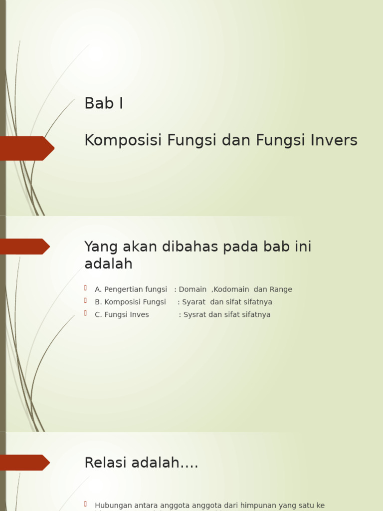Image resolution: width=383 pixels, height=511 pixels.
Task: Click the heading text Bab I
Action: [104, 103]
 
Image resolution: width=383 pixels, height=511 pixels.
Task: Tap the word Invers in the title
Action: [334, 141]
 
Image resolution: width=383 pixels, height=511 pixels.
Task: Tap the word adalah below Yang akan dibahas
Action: [108, 263]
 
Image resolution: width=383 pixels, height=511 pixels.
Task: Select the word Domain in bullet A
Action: [192, 289]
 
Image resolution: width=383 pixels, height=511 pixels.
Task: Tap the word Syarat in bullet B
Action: [194, 302]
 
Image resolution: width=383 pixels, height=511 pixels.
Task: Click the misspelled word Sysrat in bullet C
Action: [195, 314]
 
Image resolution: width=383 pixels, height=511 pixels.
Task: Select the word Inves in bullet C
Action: [139, 314]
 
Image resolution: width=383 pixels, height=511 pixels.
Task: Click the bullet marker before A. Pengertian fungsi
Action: [86, 288]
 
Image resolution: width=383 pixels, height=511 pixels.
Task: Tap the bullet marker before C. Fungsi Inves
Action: [86, 313]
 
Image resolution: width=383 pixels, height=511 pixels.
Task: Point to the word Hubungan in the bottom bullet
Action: [113, 506]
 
